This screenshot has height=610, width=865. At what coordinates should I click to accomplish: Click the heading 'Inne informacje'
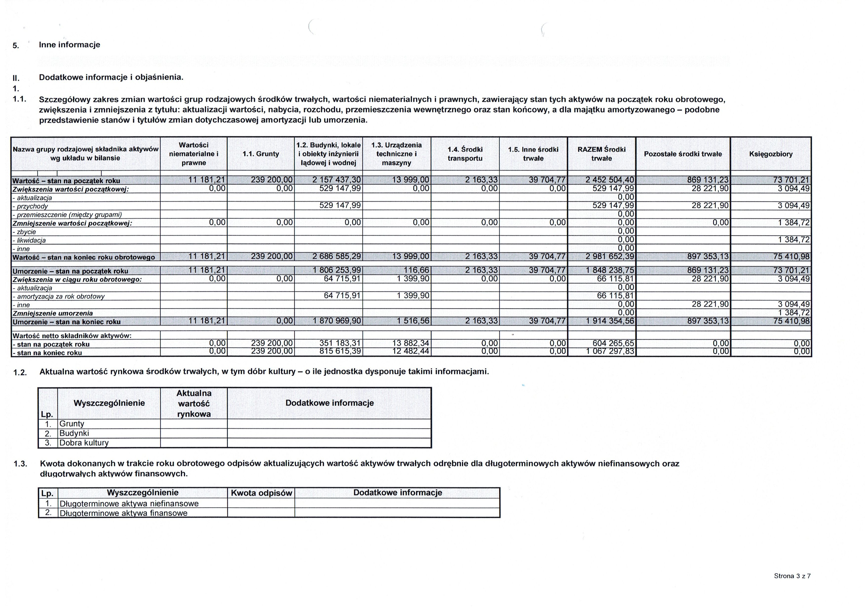[x=69, y=45]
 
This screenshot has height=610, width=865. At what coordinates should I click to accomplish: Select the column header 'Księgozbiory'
[x=771, y=154]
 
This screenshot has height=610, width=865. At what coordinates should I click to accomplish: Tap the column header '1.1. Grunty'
[x=261, y=154]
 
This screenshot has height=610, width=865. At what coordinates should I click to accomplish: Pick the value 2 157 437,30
[x=337, y=180]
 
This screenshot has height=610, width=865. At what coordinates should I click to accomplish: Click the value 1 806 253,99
[x=337, y=270]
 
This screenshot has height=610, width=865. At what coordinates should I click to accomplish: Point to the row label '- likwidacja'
[x=29, y=240]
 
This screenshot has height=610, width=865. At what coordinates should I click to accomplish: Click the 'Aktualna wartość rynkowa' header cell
[x=194, y=404]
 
